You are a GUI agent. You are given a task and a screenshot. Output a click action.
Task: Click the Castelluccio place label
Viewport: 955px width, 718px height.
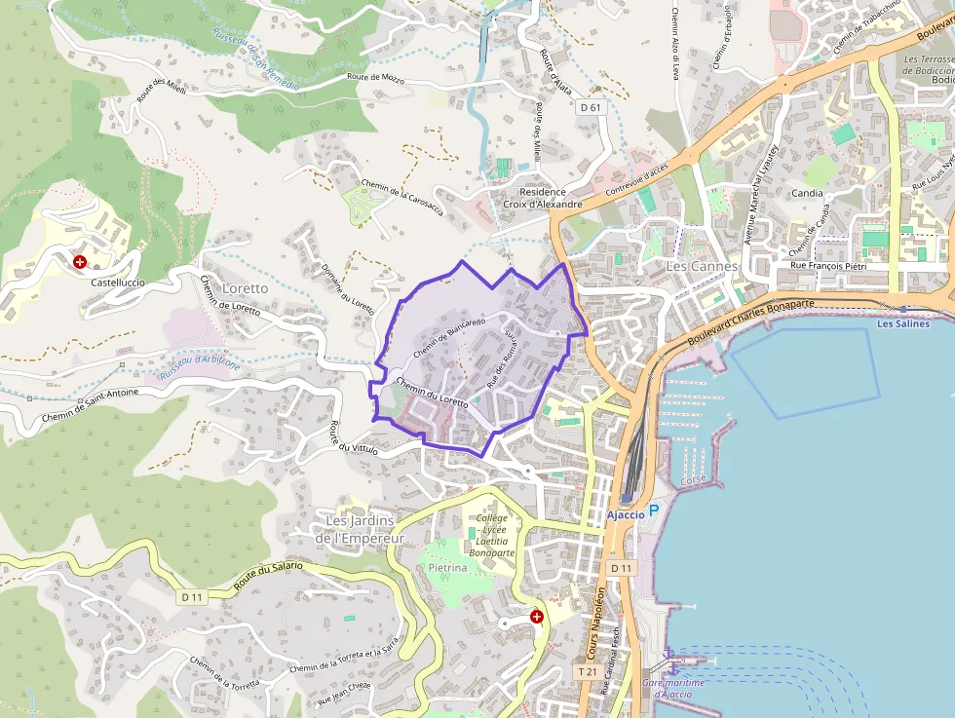[117, 282]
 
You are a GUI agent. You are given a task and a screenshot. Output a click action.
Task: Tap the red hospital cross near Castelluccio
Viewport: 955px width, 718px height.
[80, 262]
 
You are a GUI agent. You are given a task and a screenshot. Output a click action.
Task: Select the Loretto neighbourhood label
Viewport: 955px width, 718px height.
[244, 289]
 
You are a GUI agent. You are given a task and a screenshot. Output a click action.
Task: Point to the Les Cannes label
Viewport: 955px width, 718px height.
[703, 266]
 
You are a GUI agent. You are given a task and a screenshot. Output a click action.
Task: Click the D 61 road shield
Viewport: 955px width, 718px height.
[589, 107]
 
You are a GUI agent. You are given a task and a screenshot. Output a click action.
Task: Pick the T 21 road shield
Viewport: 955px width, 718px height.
[586, 671]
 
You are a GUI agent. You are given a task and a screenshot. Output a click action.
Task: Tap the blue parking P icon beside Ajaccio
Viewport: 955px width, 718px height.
[654, 510]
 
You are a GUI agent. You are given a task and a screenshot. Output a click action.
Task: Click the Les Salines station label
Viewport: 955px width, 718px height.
[902, 323]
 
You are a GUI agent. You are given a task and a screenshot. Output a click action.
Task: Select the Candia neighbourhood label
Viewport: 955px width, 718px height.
[807, 193]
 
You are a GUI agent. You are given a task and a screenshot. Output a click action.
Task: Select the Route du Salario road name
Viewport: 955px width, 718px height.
[268, 579]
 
